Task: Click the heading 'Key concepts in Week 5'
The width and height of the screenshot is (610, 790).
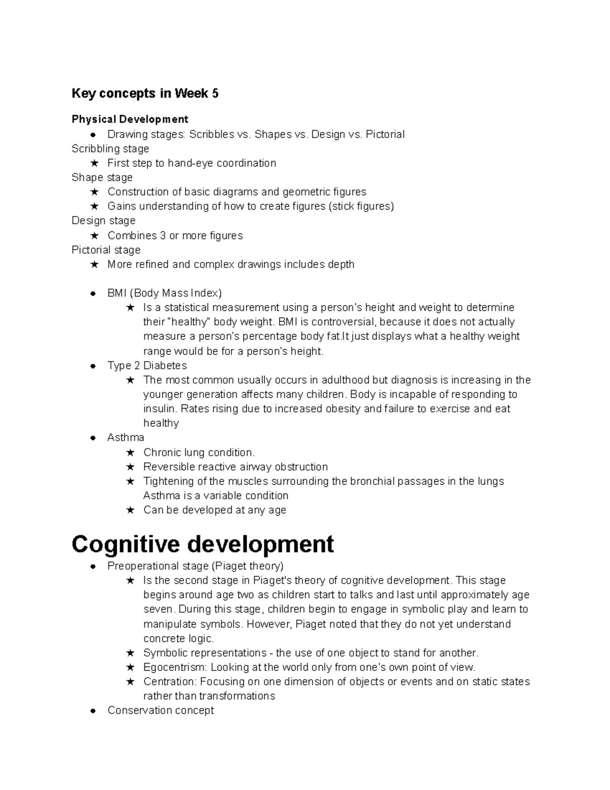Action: click(145, 94)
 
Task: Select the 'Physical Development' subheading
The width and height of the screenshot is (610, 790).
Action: click(130, 119)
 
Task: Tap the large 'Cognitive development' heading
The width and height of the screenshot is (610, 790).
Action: click(202, 544)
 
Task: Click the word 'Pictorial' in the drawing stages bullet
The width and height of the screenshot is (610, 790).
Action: click(385, 134)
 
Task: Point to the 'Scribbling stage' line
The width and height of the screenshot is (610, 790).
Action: click(110, 149)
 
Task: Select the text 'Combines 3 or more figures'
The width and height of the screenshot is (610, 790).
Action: click(175, 236)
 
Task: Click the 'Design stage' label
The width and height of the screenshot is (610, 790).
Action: click(103, 221)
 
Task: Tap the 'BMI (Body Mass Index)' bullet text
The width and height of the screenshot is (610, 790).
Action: click(164, 293)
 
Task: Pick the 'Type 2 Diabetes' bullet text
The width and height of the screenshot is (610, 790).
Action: click(147, 366)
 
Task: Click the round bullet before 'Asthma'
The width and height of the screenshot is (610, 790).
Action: click(93, 438)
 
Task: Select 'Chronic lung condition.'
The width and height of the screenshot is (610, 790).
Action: click(199, 452)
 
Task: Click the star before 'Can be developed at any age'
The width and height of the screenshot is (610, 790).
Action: click(130, 510)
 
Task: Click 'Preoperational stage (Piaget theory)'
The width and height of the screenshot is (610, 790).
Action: click(195, 566)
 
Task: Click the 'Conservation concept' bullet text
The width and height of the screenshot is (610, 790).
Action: click(161, 711)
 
